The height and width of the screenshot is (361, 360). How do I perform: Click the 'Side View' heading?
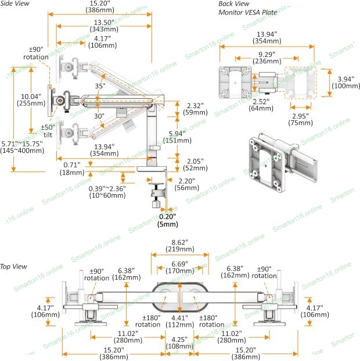(14, 4)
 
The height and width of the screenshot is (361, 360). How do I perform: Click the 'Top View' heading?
(13, 266)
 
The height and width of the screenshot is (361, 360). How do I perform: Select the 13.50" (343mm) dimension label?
(105, 26)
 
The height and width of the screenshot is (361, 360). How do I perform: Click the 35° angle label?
(100, 86)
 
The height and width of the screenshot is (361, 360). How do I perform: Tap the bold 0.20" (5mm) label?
(168, 220)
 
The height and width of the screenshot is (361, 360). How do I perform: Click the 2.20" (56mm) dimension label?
(186, 184)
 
